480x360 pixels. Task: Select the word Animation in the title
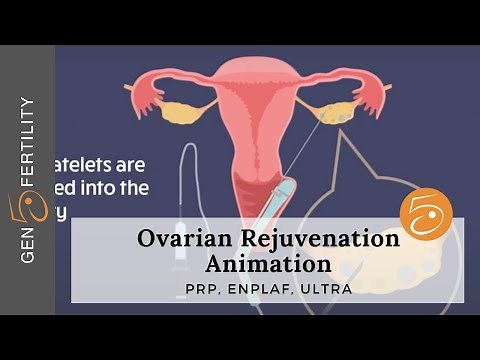point(269,264)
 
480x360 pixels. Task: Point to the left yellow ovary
point(182,112)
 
